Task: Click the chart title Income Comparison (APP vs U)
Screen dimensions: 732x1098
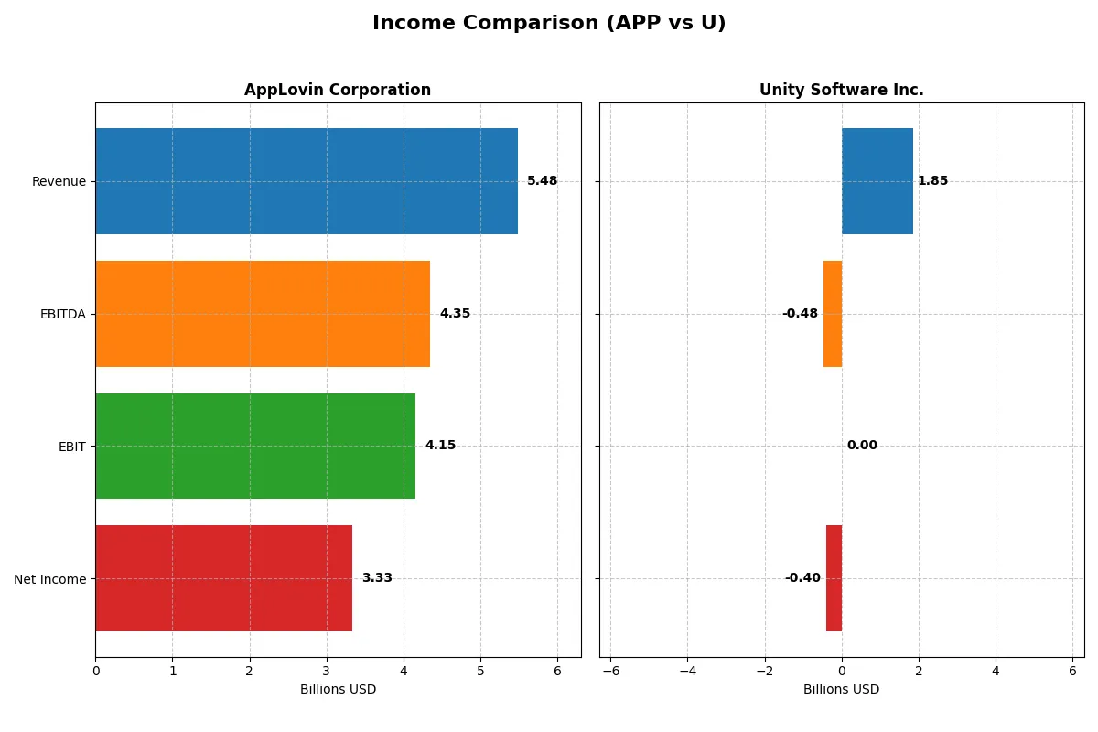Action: (549, 24)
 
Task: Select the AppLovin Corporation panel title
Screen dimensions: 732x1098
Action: (338, 90)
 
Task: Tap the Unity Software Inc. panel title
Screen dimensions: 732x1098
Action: (841, 90)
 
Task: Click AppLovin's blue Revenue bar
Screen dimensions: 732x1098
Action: (307, 181)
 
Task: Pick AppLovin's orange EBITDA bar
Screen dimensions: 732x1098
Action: (263, 314)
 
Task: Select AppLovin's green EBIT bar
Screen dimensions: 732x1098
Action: (255, 446)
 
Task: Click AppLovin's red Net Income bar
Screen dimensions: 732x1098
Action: (223, 578)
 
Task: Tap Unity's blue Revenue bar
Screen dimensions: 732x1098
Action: (877, 181)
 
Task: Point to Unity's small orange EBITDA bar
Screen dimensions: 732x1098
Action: (833, 314)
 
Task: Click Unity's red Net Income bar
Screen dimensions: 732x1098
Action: (834, 578)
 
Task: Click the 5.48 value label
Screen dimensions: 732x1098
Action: (542, 181)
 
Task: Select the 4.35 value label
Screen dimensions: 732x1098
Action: (455, 314)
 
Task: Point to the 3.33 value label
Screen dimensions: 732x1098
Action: (377, 578)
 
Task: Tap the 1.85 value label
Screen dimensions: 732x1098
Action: (932, 181)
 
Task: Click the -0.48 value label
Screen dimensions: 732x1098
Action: (800, 314)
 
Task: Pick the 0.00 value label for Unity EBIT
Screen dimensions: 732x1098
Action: (862, 446)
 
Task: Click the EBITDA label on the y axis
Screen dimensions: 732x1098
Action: (62, 314)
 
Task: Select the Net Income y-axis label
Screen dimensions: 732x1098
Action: (50, 578)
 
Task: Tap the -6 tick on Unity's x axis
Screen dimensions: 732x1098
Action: (610, 671)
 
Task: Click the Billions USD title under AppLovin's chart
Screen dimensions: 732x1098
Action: (338, 689)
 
